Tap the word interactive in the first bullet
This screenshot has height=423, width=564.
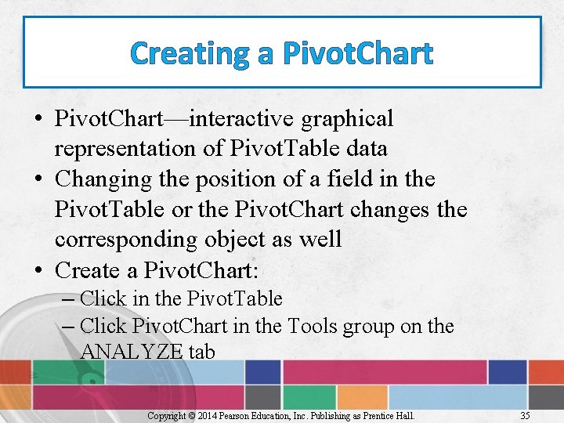tap(242, 119)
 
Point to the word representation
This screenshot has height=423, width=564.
tap(125, 149)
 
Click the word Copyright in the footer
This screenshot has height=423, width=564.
tap(165, 416)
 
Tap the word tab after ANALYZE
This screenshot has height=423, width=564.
tap(201, 352)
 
